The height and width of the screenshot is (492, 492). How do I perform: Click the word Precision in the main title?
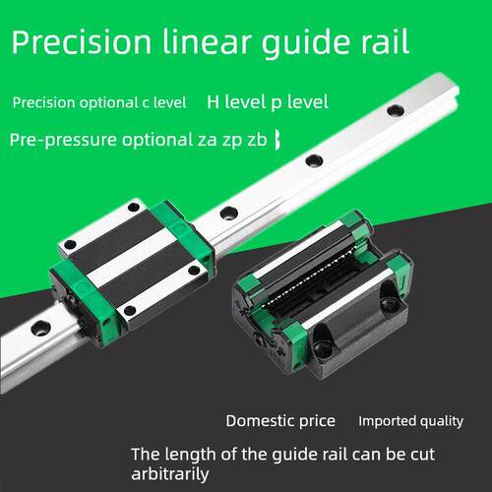click(82, 41)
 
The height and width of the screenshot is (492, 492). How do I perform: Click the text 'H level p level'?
click(268, 102)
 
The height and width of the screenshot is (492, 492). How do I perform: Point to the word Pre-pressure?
click(63, 140)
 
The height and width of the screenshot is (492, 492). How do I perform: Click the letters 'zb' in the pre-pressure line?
click(257, 140)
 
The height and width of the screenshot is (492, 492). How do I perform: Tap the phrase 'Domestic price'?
click(280, 421)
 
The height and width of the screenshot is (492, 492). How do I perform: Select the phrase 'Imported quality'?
click(410, 421)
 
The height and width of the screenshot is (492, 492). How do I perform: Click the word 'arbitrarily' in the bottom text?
click(170, 474)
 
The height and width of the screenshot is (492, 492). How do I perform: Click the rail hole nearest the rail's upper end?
click(396, 110)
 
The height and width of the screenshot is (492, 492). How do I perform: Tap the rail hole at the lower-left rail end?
click(40, 328)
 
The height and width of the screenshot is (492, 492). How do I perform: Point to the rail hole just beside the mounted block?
click(229, 213)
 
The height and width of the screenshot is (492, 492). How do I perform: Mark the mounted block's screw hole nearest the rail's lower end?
click(130, 310)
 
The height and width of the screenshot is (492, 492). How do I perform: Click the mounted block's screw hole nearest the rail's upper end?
click(134, 207)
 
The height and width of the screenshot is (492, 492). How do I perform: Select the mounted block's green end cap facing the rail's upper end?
click(184, 229)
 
